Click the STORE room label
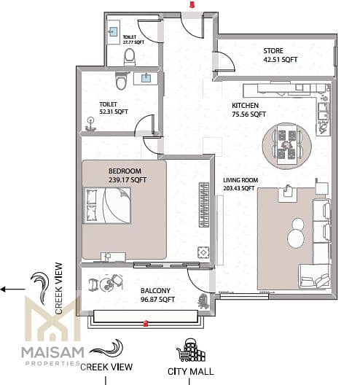[x=273, y=51]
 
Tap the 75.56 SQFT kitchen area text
[x=249, y=114]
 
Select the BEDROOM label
[x=125, y=171]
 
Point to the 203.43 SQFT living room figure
[x=238, y=188]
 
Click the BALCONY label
[x=155, y=290]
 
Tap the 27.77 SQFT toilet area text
[x=133, y=42]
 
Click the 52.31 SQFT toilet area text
[x=114, y=112]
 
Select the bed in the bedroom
[x=107, y=206]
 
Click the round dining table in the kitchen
[x=287, y=145]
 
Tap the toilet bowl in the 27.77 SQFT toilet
[x=130, y=56]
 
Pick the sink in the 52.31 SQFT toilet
[x=146, y=78]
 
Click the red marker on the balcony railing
[x=146, y=324]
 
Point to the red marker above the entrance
[x=192, y=4]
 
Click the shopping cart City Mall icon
[x=191, y=351]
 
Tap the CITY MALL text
[x=190, y=371]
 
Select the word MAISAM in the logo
[x=52, y=353]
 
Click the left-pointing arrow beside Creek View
[x=13, y=289]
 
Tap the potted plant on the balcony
[x=203, y=302]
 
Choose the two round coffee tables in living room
[x=296, y=233]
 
